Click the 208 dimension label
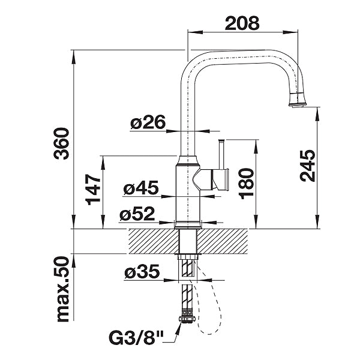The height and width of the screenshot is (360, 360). coord(242,23)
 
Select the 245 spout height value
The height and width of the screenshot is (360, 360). coord(307,166)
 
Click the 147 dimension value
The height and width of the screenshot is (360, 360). coord(92,190)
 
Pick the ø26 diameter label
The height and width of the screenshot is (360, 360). coord(148,122)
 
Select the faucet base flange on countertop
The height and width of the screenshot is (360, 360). coord(187,224)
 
